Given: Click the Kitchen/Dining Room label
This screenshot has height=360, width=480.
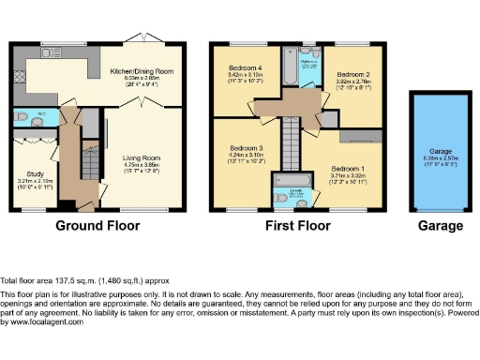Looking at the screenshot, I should click(x=142, y=71).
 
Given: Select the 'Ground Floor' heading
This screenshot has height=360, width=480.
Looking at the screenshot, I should click(x=97, y=226).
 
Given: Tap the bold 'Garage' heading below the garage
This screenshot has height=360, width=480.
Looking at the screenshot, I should click(x=440, y=226).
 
